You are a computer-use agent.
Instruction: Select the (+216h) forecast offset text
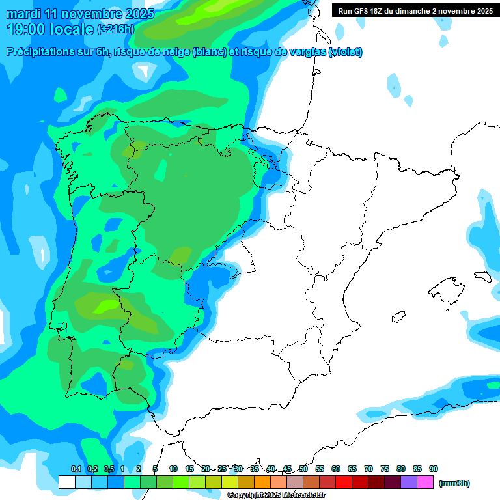click(116, 29)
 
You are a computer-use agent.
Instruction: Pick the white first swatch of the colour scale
click(67, 482)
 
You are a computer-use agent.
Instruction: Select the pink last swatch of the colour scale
click(425, 482)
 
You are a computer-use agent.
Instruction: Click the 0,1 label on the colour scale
click(76, 469)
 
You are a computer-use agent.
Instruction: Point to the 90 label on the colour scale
click(434, 469)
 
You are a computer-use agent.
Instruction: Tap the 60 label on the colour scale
click(336, 469)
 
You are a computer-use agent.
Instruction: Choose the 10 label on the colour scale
click(173, 469)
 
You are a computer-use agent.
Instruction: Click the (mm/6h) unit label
click(454, 483)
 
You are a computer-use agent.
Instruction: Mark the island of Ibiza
click(398, 317)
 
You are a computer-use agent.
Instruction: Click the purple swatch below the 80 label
click(409, 482)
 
